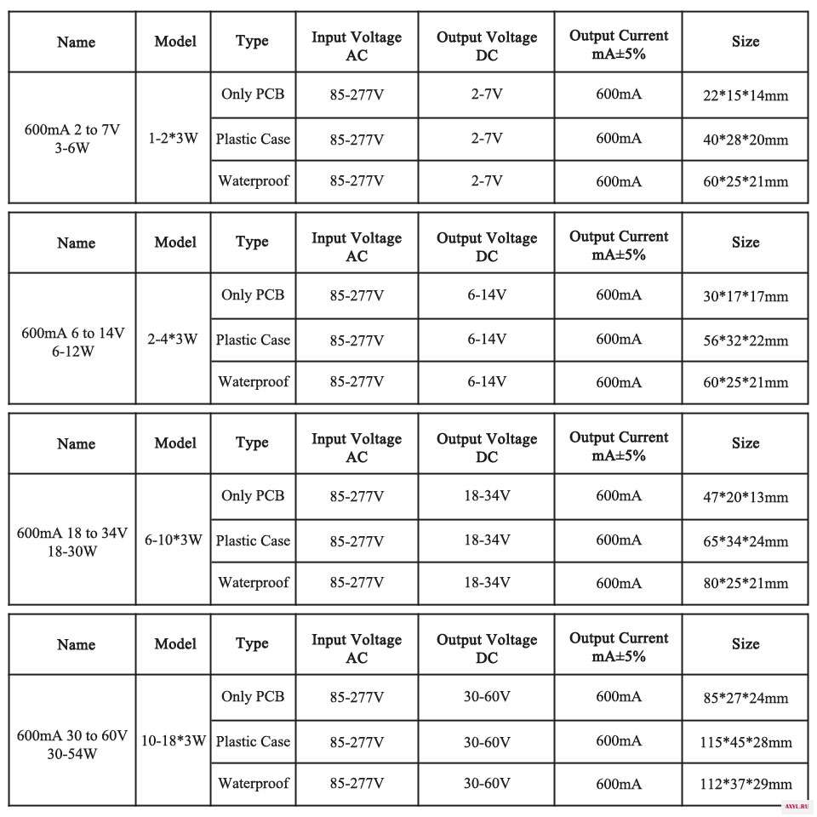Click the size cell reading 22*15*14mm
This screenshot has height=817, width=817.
[x=745, y=95]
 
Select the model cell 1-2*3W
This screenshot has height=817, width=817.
[x=173, y=138]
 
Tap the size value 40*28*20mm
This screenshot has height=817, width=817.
[x=745, y=140]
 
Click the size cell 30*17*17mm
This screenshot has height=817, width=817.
[x=745, y=296]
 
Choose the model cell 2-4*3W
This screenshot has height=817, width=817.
[x=173, y=339]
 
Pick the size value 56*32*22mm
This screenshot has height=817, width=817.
[x=745, y=340]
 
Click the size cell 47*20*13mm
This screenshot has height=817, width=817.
[x=745, y=497]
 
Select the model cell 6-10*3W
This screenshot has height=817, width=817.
[x=173, y=540]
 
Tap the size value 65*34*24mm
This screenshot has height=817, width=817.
[x=745, y=541]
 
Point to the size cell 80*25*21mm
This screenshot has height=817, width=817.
[x=745, y=584]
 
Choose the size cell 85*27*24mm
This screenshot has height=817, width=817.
[x=745, y=698]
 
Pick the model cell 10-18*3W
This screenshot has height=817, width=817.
[x=174, y=740]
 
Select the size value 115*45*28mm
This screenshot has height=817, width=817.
[x=745, y=742]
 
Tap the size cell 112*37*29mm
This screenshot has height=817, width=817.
[x=745, y=785]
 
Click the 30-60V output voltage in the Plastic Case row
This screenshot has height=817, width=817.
[x=487, y=741]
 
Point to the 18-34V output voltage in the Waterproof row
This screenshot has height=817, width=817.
[x=487, y=583]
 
